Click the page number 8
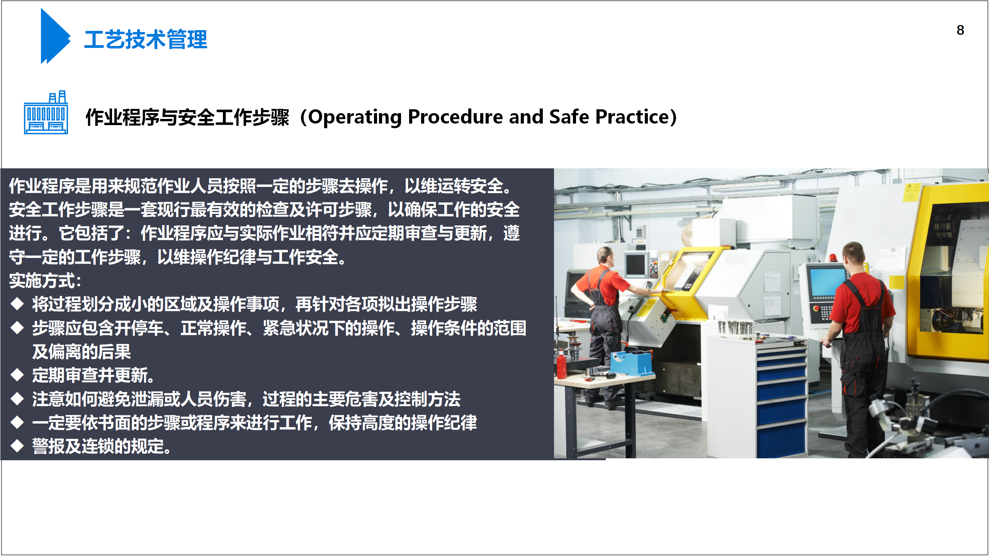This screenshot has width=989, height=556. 960,30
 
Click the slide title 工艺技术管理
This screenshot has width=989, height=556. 146,39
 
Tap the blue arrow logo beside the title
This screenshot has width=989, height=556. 55,36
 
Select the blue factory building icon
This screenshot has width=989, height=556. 46,112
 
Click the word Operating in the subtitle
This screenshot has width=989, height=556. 355,117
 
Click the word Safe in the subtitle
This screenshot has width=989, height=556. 569,117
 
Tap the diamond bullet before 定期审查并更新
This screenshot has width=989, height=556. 17,375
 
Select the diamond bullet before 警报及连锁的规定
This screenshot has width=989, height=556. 17,446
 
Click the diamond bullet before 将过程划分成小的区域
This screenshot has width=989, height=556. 17,304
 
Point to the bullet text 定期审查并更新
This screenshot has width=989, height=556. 93,375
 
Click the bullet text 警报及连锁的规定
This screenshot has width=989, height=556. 102,446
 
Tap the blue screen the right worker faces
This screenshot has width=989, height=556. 827,282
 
